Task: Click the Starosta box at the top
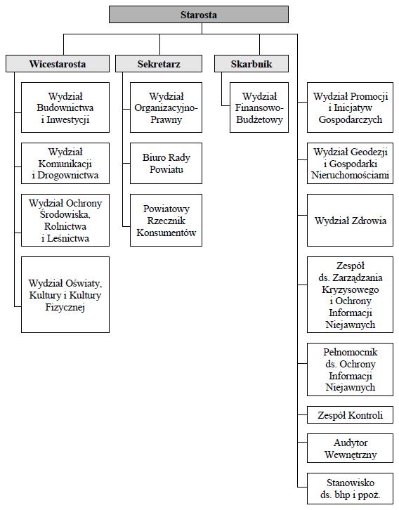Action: [199, 15]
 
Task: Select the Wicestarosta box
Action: [58, 64]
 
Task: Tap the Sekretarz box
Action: [159, 64]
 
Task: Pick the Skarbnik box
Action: [251, 64]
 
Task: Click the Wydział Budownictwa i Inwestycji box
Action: [65, 107]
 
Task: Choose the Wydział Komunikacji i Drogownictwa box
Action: [65, 163]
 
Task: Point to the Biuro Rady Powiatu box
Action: [166, 163]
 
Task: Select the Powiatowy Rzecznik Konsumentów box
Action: [166, 220]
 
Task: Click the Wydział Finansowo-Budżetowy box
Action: [259, 107]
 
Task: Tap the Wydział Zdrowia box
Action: [351, 220]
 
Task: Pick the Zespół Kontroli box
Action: [351, 415]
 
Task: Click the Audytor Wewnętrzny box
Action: [351, 448]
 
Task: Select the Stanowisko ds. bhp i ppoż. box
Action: [351, 488]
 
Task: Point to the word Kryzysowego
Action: [351, 289]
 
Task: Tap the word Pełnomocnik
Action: [351, 352]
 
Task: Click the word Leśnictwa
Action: [68, 238]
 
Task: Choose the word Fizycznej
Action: [65, 308]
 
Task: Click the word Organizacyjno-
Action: [166, 108]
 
